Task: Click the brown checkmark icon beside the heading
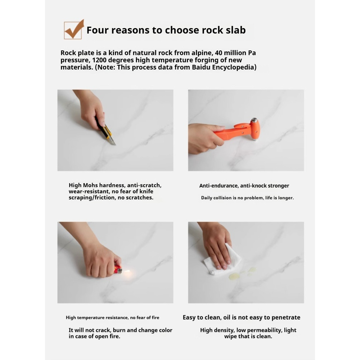[74, 30]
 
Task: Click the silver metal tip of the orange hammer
[254, 120]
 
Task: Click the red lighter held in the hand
[118, 270]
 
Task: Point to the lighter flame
[126, 271]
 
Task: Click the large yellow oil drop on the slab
[234, 276]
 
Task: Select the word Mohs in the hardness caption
[90, 185]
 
